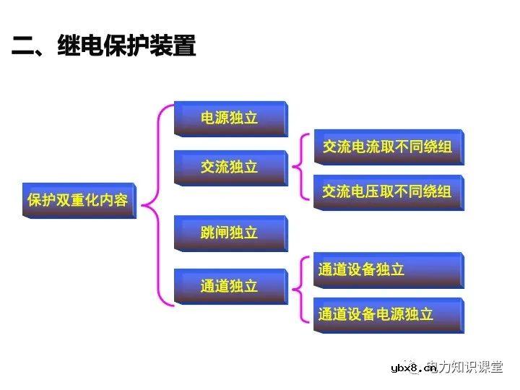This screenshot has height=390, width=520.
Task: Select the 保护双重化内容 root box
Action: coord(78,200)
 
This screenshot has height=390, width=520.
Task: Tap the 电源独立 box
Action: coord(230,118)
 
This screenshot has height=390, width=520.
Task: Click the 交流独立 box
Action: coord(230,168)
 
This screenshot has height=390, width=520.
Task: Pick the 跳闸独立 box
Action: coord(230,233)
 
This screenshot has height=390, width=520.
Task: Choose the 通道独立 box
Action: coord(230,287)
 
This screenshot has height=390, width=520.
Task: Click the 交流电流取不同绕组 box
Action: coord(388,147)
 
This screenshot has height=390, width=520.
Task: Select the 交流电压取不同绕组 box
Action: coord(388,191)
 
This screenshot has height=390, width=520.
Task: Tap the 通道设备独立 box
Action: coord(388,270)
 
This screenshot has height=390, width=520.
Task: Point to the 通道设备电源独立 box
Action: coord(388,315)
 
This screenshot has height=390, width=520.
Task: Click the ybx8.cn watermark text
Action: coord(413,369)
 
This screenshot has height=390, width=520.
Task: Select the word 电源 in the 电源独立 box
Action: coord(214,118)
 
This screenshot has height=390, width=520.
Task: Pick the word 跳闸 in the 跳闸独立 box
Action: coord(214,233)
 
